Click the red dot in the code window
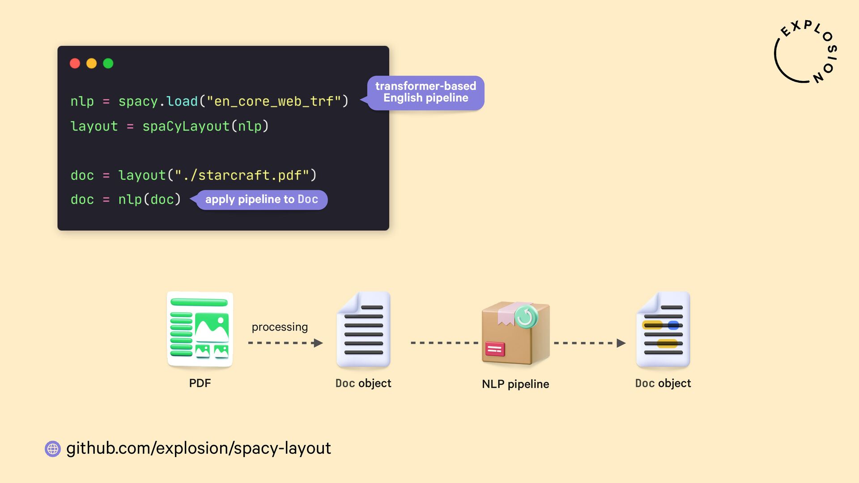[75, 64]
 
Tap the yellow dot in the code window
[91, 64]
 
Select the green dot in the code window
[108, 64]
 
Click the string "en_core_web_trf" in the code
[274, 102]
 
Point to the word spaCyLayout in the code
[186, 127]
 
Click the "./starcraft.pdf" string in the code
[242, 175]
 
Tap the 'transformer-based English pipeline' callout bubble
[425, 93]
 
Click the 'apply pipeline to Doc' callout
[262, 199]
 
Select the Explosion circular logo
[805, 52]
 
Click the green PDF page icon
[200, 329]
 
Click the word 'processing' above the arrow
[280, 327]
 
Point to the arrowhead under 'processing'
[318, 343]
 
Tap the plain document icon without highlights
[363, 329]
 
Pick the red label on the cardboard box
[495, 349]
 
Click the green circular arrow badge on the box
[526, 317]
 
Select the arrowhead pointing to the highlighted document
[621, 343]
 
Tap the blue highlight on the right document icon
[673, 325]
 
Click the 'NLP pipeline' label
[515, 384]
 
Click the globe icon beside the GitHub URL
[53, 449]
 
